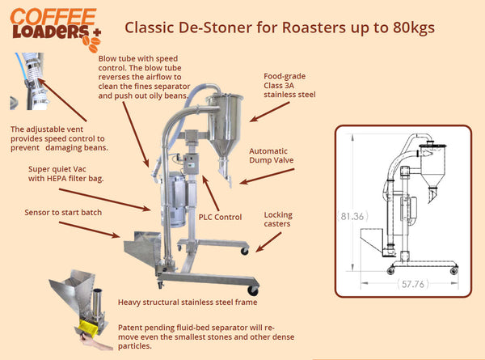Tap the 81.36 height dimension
click(352, 216)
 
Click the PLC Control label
click(220, 216)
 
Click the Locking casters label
click(278, 220)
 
